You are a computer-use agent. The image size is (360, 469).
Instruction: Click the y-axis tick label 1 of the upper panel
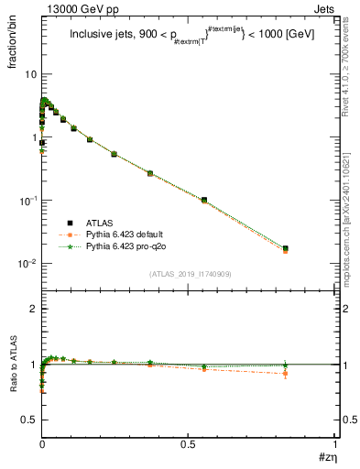click(33, 137)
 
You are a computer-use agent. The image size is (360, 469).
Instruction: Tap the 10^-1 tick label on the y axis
click(27, 200)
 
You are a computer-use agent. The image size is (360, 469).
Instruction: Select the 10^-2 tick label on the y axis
click(27, 264)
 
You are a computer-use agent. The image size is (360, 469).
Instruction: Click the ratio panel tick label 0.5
click(28, 420)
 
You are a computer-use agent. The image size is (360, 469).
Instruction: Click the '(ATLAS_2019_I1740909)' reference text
click(189, 274)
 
